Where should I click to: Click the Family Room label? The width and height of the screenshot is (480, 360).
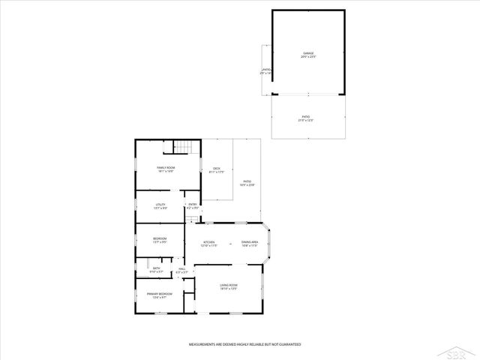(x=166, y=169)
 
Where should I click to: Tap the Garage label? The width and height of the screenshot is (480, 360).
(x=308, y=55)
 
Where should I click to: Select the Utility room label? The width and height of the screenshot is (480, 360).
(x=160, y=206)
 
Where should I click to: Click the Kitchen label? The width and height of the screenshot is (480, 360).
(x=208, y=243)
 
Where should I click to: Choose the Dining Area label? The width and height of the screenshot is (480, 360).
(x=250, y=243)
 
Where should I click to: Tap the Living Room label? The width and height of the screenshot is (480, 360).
(x=229, y=286)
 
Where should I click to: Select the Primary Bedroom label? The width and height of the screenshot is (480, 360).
(x=160, y=295)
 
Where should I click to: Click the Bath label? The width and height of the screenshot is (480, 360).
(x=157, y=269)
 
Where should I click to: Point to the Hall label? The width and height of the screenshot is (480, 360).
(x=181, y=271)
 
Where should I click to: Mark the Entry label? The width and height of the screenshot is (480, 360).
(x=192, y=206)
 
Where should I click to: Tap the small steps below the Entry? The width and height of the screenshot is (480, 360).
(x=193, y=219)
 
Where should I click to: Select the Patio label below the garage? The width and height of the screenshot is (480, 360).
(x=306, y=118)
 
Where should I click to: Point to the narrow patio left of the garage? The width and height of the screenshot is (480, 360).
(x=265, y=71)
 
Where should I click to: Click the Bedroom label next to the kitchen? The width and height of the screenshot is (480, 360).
(x=160, y=241)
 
